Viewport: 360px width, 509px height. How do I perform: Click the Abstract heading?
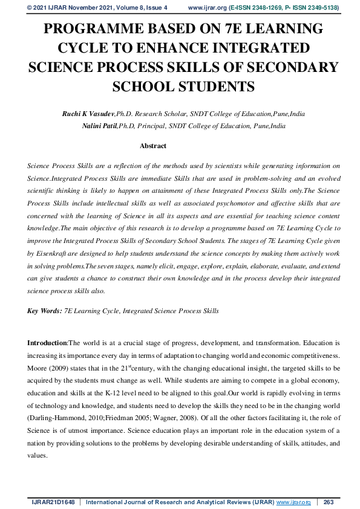point(152,146)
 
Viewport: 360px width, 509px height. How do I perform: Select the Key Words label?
point(44,311)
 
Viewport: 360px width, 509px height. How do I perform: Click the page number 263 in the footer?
point(329,502)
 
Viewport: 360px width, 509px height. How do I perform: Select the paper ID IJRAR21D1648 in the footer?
point(53,502)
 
